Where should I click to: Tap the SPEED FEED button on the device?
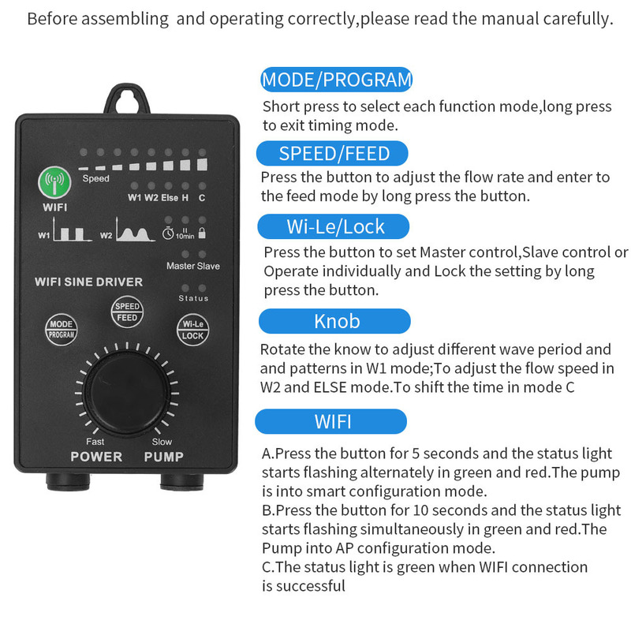pos(127,312)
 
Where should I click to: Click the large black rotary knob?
pos(126,388)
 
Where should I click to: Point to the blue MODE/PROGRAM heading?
pos(337,79)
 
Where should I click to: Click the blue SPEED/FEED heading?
pos(334,153)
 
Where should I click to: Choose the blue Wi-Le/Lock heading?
pos(336,227)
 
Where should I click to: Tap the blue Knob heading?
pos(336,321)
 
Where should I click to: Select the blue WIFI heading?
pos(333,421)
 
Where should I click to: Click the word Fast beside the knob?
pos(95,442)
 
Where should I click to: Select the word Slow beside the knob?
pos(162,442)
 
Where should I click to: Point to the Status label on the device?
pos(193,298)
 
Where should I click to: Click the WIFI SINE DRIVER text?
pos(88,282)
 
